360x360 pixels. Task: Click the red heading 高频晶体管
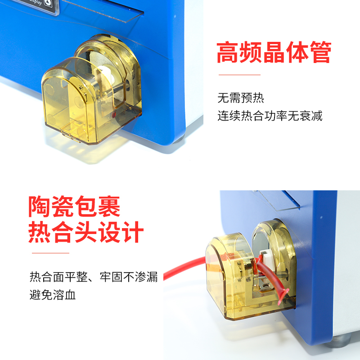274,52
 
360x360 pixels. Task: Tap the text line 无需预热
241,98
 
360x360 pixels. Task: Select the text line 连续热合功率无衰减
270,116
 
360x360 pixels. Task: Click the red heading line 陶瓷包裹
74,206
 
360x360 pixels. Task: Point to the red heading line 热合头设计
86,232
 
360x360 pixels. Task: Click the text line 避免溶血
53,295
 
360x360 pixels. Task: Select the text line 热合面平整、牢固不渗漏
94,277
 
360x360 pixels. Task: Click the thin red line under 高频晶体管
239,75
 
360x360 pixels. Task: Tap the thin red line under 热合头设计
50,253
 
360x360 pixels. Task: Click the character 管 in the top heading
320,52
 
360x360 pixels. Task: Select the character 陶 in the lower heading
40,206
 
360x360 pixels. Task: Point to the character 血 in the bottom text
70,295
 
